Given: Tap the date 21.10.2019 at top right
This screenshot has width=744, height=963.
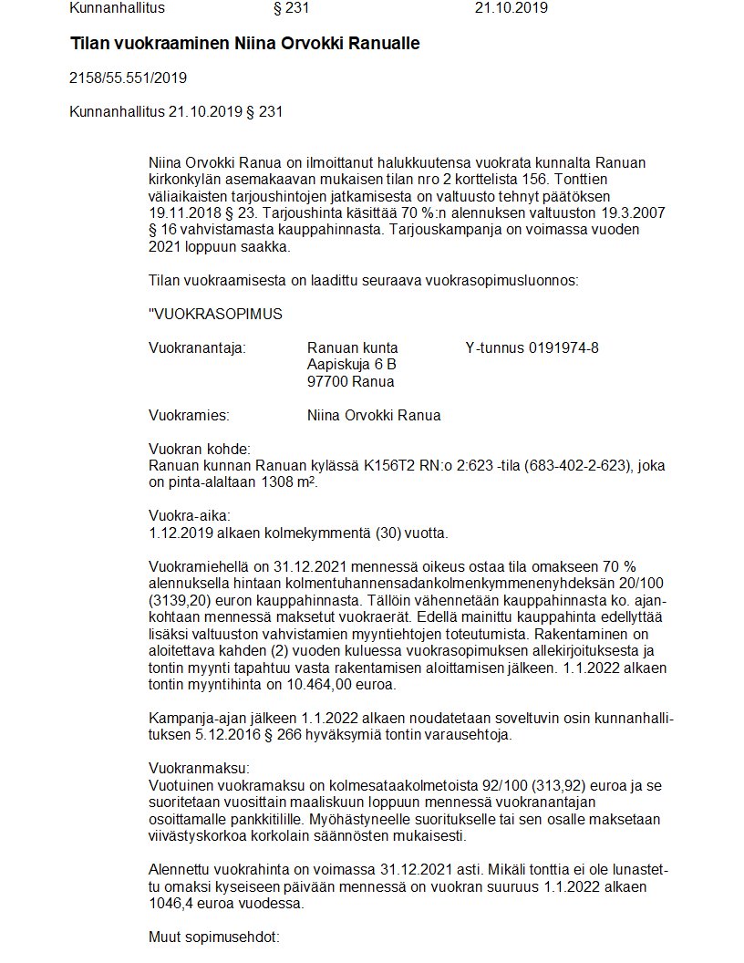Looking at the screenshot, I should tap(511, 9).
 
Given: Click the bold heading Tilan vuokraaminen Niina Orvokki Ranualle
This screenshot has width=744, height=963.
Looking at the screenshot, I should tap(244, 44).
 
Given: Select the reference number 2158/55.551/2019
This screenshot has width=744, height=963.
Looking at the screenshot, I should tap(128, 78).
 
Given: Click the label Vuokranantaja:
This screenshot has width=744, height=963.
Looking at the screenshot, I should tap(197, 348).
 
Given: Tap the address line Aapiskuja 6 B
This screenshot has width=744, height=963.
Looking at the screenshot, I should tap(351, 364).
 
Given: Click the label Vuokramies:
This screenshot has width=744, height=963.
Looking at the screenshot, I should tap(189, 416).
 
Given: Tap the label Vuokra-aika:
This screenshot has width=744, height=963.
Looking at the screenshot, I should tap(183, 516).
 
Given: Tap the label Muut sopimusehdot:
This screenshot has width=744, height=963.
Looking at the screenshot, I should tap(212, 937).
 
